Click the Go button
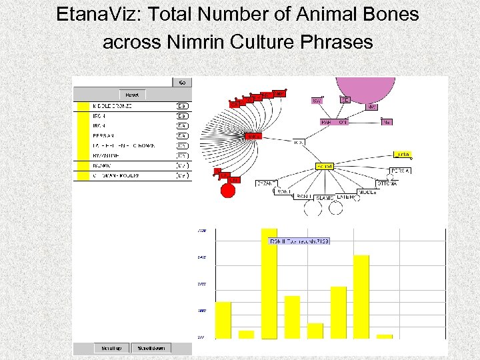[x=182, y=83]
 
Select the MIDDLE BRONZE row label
[x=113, y=106]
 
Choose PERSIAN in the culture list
[x=103, y=136]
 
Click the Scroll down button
[x=151, y=348]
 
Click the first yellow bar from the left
[x=223, y=320]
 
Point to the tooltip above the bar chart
[x=299, y=241]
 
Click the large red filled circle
[x=228, y=191]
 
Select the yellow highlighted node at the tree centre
[x=324, y=166]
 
